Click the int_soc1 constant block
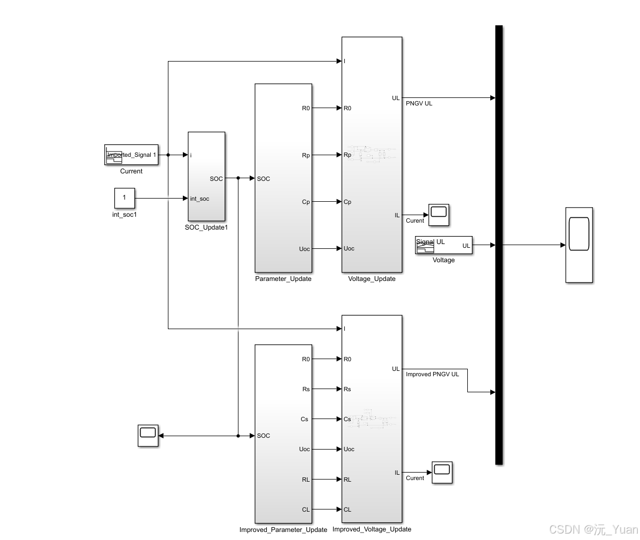(124, 198)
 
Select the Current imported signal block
(132, 155)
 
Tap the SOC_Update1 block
(206, 176)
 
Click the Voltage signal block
(444, 245)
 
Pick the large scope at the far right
(579, 245)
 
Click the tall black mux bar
(499, 245)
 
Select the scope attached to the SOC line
(148, 436)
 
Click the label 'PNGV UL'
(419, 103)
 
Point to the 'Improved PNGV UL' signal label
(432, 374)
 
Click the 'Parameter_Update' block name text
(283, 279)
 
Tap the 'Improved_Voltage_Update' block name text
(372, 529)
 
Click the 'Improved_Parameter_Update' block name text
(283, 530)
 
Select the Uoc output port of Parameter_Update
(304, 249)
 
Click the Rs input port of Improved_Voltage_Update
(347, 389)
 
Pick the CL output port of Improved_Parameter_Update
(305, 509)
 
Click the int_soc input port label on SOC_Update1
(199, 199)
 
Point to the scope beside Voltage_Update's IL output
(439, 214)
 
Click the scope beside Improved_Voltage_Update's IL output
(442, 472)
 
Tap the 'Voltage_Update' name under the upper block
(372, 279)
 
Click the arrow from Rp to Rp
(327, 155)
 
